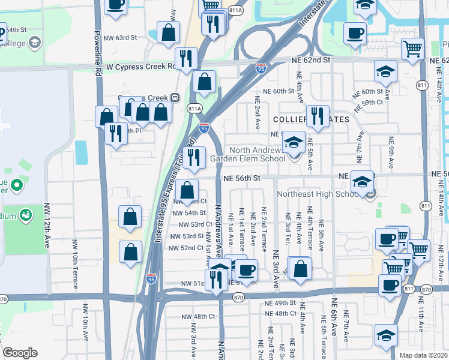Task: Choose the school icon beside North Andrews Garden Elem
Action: (294, 143)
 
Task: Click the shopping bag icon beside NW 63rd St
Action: (169, 32)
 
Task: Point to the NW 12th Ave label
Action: (47, 226)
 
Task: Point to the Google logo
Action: (20, 353)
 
